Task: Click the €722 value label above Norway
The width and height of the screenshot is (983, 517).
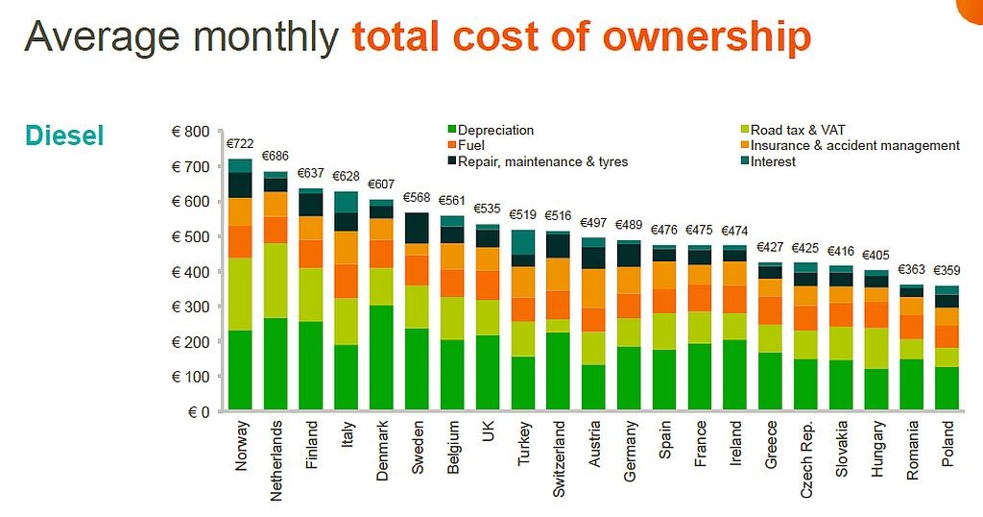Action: [239, 145]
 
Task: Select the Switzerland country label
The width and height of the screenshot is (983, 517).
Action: [559, 460]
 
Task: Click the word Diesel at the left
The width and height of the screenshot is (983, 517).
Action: [64, 135]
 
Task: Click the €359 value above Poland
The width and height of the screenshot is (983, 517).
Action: [947, 272]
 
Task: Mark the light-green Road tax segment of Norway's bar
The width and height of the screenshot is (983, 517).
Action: [239, 294]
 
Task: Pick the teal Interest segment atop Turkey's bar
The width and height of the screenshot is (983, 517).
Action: [523, 242]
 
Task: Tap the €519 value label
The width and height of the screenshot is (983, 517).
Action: [523, 215]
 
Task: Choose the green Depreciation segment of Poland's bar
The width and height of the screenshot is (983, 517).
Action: [947, 388]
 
